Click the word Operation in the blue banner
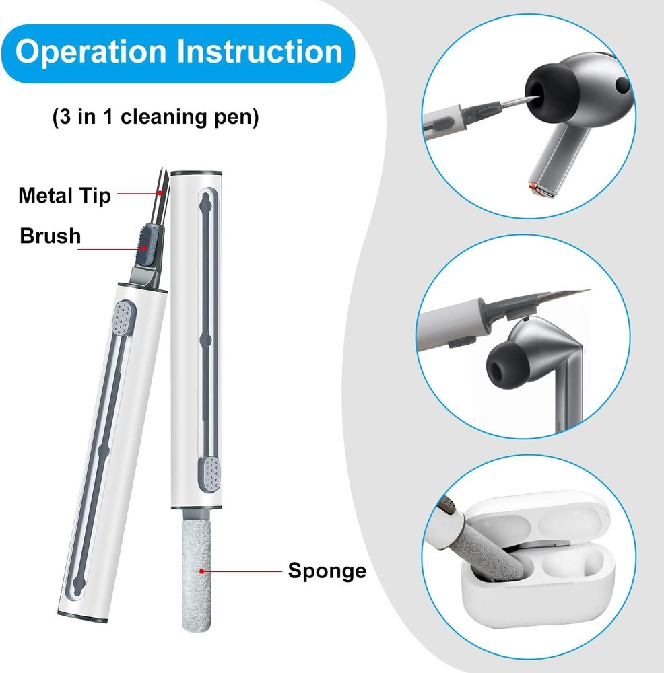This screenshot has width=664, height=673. (91, 52)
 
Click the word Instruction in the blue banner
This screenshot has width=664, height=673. (259, 52)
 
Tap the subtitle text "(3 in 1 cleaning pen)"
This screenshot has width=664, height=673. (156, 116)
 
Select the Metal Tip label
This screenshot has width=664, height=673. (65, 196)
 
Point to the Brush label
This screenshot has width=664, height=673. (51, 236)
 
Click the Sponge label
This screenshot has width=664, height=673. (327, 571)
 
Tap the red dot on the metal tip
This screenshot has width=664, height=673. (160, 193)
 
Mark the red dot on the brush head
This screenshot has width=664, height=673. (143, 248)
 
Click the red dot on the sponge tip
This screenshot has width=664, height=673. (201, 571)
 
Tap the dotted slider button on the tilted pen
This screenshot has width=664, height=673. (123, 318)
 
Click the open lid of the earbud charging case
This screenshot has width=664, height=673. (536, 520)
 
